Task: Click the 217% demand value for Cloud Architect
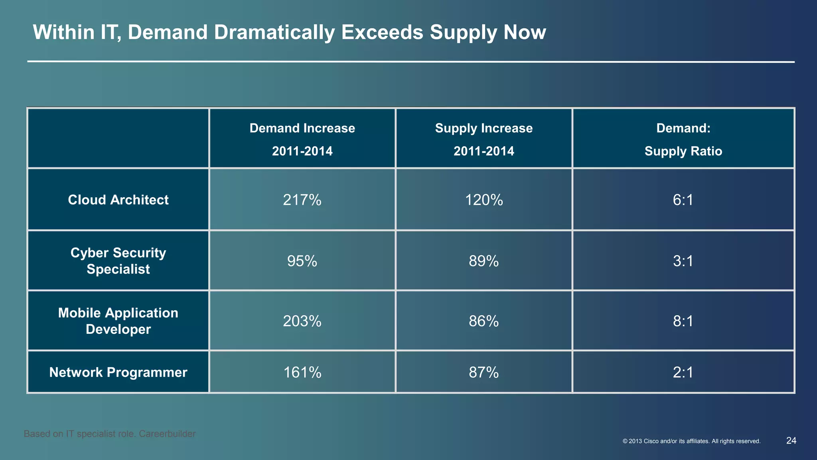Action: (x=302, y=200)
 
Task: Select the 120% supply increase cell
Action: (x=483, y=200)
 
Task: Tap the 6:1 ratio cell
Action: (x=683, y=200)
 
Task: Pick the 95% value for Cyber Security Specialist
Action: (x=302, y=261)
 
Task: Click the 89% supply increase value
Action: (x=483, y=261)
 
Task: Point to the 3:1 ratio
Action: (x=683, y=261)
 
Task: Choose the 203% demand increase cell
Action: (x=302, y=321)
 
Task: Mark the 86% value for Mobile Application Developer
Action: (x=483, y=321)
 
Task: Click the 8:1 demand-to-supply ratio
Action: (x=683, y=321)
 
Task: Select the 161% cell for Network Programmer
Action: (x=302, y=373)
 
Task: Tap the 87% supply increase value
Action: (x=483, y=373)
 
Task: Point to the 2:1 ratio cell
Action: (x=683, y=373)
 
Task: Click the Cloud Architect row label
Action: (x=118, y=200)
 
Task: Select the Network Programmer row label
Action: (x=118, y=373)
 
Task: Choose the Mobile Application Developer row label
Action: (x=118, y=321)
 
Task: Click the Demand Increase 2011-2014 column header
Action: (x=302, y=139)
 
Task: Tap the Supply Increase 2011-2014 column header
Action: (x=483, y=139)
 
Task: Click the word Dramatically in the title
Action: (x=274, y=32)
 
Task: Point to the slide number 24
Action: (x=791, y=441)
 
